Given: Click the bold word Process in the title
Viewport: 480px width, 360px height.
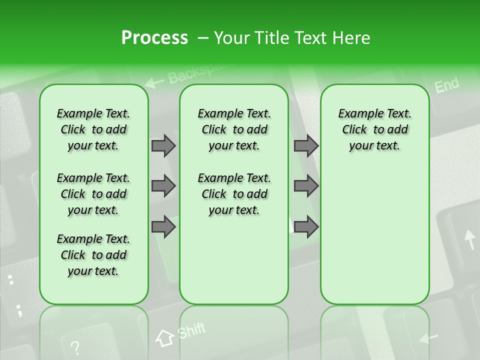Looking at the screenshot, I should tap(154, 38).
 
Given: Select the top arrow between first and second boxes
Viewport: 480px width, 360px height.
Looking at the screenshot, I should tap(163, 145).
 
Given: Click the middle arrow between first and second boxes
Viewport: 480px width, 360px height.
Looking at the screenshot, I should tap(163, 186).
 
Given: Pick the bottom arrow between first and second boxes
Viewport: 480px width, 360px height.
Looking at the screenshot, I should tap(163, 227).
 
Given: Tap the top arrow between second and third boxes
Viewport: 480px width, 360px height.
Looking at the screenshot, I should tap(306, 145).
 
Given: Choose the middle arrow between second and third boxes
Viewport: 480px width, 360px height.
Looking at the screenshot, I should tap(306, 186).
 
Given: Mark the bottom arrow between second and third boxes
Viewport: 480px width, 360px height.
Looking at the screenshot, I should tap(306, 227).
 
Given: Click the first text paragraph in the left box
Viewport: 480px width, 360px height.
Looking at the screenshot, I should tap(93, 129).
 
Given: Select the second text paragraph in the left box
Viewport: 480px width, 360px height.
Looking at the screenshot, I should tap(93, 194).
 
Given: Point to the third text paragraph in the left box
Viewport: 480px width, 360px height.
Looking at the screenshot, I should tap(93, 255).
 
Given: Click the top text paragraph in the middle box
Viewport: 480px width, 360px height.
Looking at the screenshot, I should tap(234, 129).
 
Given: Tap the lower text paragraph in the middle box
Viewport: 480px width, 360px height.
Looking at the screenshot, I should tap(234, 194).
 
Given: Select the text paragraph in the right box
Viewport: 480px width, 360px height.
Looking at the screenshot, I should tap(374, 129).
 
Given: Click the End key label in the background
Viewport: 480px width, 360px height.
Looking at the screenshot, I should tap(446, 85).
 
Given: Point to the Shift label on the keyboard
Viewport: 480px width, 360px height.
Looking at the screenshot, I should tap(191, 331).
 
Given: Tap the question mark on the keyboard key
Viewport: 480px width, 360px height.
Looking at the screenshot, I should tap(74, 347).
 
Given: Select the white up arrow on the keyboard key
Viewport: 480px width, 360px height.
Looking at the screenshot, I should tap(469, 239).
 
